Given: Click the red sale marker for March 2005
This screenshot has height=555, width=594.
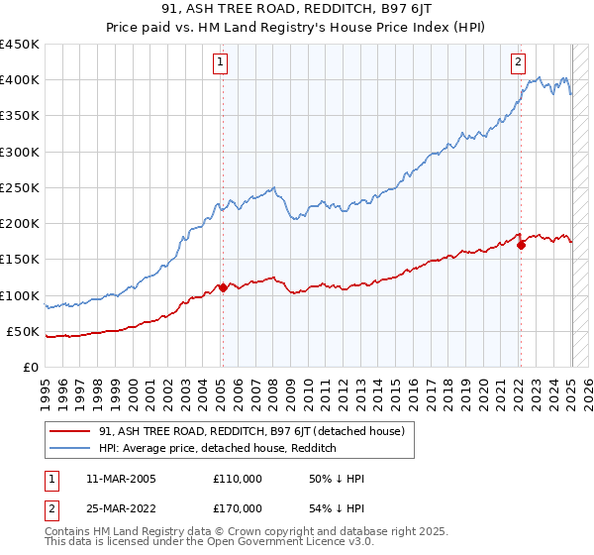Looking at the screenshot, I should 223,288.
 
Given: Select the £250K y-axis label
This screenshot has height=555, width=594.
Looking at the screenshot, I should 20,187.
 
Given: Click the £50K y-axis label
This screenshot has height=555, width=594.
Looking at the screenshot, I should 24,331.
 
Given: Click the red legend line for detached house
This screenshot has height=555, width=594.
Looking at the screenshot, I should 71,432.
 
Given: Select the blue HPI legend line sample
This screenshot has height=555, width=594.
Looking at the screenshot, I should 71,449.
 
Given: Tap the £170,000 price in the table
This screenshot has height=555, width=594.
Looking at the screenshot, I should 238,508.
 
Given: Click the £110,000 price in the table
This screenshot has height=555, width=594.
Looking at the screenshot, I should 238,479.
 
